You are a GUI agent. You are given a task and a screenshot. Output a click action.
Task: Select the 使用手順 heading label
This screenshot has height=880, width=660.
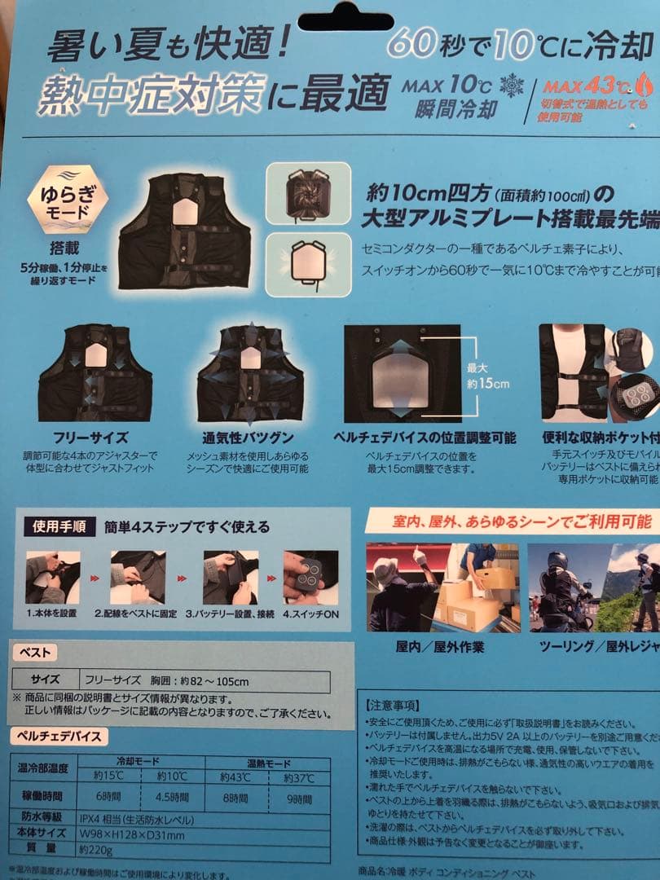(x=58, y=526)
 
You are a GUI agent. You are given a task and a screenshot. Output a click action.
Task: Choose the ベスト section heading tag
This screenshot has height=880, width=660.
(x=34, y=653)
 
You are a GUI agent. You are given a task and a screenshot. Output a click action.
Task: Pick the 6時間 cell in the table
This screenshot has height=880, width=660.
(x=108, y=796)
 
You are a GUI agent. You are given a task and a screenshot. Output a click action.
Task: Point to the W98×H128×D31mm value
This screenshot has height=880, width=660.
(x=132, y=834)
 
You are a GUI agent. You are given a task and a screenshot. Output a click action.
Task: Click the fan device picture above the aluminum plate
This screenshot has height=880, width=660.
(x=308, y=194)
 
